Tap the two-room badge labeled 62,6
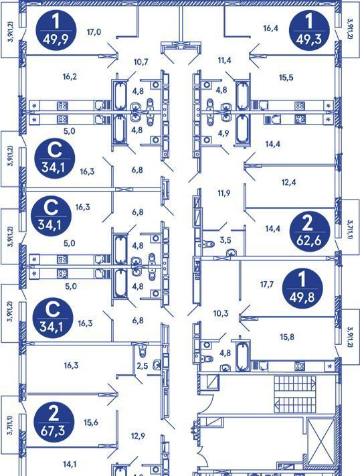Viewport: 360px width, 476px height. (310, 230)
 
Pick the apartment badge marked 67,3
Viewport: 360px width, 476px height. (54, 421)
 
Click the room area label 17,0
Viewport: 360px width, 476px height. (94, 31)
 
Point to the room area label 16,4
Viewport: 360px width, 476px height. (271, 29)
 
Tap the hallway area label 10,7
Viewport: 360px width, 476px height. (141, 62)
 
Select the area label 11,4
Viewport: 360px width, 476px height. (224, 60)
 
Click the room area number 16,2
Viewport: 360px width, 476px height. (70, 76)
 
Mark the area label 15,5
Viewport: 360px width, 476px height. (286, 78)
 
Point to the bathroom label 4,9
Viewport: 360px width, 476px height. (223, 133)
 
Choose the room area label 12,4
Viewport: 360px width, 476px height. (288, 183)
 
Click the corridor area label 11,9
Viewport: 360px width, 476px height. (224, 193)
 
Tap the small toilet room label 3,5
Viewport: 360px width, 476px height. (226, 240)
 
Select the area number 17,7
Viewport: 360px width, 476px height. (267, 285)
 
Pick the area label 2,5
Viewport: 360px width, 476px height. (142, 366)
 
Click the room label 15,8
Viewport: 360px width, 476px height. (287, 337)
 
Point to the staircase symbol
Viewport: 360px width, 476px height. (294, 394)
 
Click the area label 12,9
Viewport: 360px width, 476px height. (138, 437)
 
